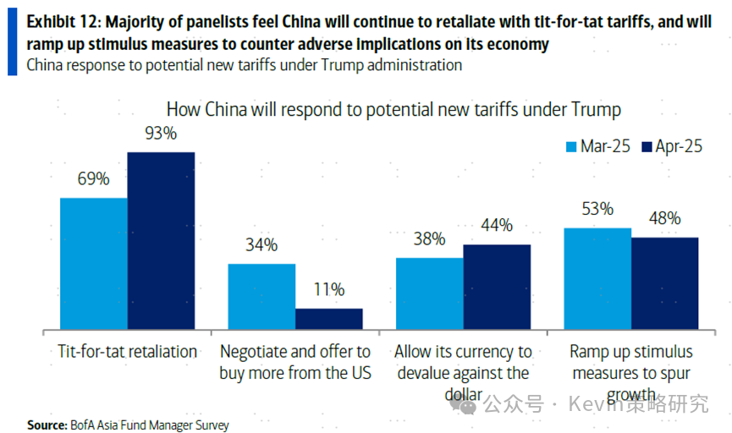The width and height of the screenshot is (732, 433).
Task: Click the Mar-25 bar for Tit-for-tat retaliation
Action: click(x=93, y=263)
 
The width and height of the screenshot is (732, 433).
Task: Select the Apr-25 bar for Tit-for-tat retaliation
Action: click(x=161, y=240)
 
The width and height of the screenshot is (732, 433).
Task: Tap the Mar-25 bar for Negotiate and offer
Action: click(x=261, y=296)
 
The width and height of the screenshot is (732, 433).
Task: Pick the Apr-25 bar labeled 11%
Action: click(x=328, y=318)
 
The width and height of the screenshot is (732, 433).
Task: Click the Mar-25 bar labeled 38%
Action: click(x=430, y=293)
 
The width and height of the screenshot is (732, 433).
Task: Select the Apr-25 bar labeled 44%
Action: click(x=497, y=286)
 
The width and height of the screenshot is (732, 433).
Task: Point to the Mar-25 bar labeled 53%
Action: click(x=597, y=277)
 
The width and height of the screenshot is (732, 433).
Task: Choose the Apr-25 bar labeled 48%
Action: click(x=664, y=282)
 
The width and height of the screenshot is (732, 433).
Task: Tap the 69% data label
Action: click(x=92, y=178)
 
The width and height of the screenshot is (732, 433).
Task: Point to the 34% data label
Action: click(x=261, y=245)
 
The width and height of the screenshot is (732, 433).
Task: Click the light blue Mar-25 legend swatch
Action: click(x=571, y=146)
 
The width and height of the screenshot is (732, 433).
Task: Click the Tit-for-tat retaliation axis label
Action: click(x=127, y=351)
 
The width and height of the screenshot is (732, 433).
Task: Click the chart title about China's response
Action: click(x=394, y=110)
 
